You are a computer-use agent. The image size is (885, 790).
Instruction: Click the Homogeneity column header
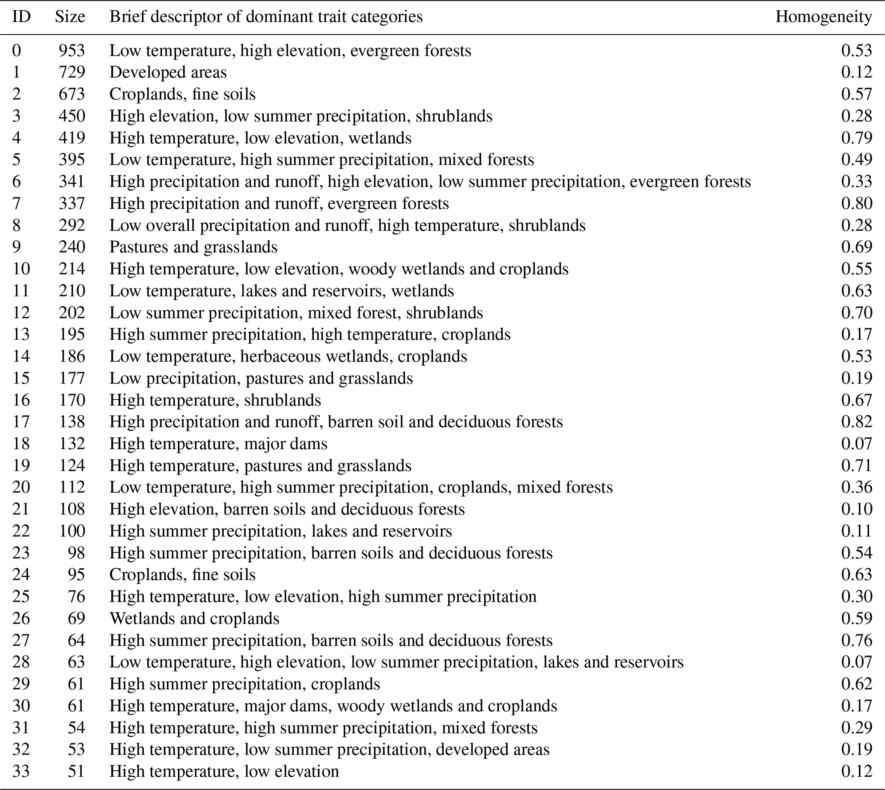click(x=823, y=17)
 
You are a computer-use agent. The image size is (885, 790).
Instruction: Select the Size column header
click(x=70, y=17)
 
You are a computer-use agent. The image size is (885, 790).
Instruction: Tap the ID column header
click(x=21, y=17)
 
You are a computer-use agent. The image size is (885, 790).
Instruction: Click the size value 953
click(x=72, y=50)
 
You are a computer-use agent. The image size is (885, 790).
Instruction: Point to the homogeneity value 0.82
click(x=856, y=422)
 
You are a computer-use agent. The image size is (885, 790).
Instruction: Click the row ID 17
click(x=21, y=422)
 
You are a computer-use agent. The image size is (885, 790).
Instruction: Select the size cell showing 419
click(x=72, y=138)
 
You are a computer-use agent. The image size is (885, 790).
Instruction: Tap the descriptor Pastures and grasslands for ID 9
click(x=193, y=247)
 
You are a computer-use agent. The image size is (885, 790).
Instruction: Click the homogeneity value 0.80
click(x=856, y=203)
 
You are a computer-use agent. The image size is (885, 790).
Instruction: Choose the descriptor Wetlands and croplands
click(x=194, y=618)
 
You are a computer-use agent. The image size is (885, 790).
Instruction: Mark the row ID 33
click(x=21, y=771)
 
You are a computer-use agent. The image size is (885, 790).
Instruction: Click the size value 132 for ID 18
click(x=72, y=443)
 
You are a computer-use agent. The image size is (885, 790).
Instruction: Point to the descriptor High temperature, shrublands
click(x=215, y=400)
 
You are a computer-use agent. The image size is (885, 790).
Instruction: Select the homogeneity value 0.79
click(x=856, y=138)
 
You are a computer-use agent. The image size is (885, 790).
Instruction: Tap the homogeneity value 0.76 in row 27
click(x=856, y=640)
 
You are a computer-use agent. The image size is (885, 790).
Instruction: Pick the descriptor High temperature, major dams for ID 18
click(x=218, y=443)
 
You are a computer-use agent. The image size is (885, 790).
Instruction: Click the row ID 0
click(x=17, y=50)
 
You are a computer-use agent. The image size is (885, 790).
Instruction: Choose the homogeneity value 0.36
click(x=856, y=487)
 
